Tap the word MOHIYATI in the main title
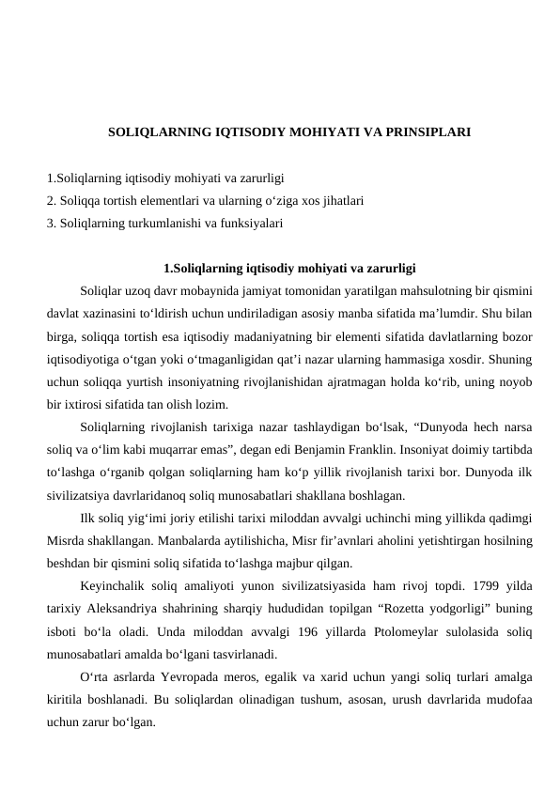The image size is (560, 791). (305, 133)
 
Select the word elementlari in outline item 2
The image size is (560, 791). (167, 200)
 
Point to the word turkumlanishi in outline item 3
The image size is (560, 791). (159, 224)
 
